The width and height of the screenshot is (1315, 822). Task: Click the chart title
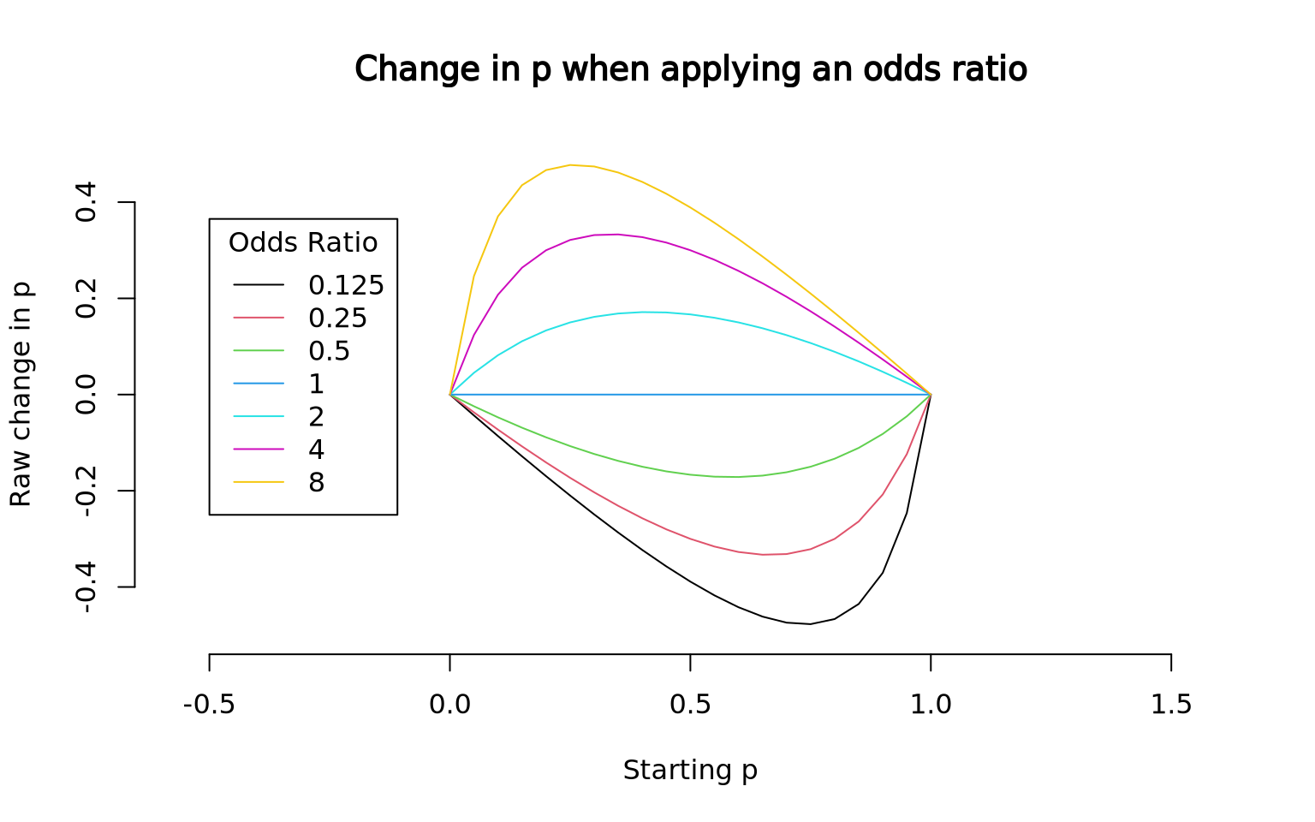click(690, 70)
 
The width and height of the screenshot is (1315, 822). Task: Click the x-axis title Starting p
click(690, 771)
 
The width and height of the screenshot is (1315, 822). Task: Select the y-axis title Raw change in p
click(21, 394)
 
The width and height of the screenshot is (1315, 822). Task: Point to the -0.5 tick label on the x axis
click(209, 704)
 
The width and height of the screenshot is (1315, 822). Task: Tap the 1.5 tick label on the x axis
click(1171, 704)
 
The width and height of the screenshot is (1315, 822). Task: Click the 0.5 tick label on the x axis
click(690, 704)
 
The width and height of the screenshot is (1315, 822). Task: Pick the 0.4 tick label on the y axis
click(86, 202)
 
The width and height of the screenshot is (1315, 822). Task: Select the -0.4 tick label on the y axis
click(86, 587)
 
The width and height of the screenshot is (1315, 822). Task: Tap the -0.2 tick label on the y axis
click(86, 491)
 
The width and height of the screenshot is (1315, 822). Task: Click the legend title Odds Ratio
click(303, 242)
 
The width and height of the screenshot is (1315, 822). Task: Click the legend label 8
click(317, 483)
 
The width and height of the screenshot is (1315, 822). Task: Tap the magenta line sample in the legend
click(259, 450)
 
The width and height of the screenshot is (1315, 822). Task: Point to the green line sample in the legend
click(259, 350)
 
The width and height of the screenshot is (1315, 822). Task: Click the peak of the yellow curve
click(570, 165)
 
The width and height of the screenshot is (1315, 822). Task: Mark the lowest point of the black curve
click(810, 624)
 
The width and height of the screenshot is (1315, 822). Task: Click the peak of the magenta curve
click(616, 235)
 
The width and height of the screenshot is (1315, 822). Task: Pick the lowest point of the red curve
click(763, 555)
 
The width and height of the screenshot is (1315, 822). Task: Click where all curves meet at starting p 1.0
click(931, 395)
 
